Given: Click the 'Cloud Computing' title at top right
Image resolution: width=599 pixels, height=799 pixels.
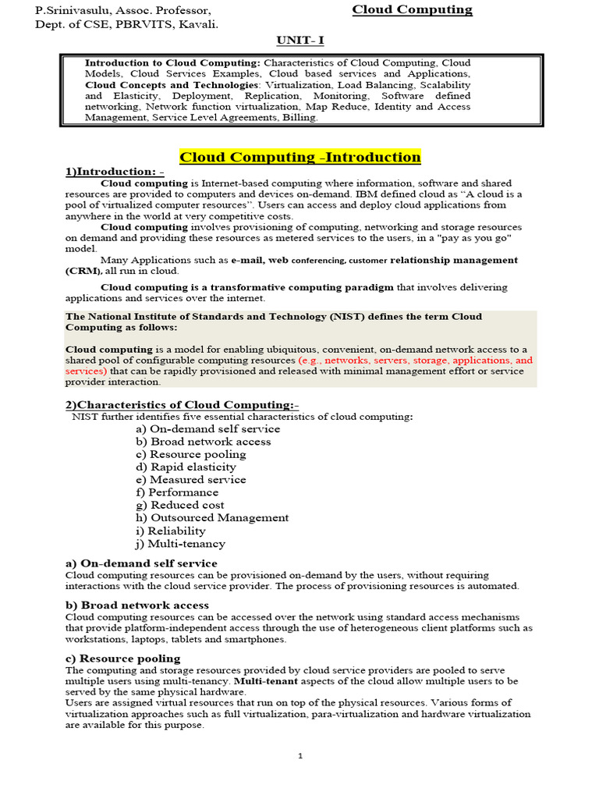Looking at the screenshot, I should click(412, 10).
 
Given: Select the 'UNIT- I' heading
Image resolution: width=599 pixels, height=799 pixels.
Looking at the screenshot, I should click(300, 40).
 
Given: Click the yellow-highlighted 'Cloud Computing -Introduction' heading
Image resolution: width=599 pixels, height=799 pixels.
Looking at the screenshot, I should click(300, 158).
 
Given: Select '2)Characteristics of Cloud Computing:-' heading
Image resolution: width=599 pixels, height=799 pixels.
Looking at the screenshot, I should click(182, 405).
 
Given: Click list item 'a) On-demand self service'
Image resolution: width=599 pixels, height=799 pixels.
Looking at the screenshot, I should click(207, 429).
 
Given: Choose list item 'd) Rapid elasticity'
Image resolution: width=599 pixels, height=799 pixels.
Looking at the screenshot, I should click(186, 467).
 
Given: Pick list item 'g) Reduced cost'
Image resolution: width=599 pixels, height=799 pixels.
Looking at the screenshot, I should click(179, 506).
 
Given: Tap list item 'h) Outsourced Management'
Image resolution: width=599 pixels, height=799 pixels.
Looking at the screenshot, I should click(211, 518).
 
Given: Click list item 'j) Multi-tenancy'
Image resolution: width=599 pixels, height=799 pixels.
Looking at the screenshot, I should click(180, 544).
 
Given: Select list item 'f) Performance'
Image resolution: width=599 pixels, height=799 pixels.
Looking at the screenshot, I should click(177, 492).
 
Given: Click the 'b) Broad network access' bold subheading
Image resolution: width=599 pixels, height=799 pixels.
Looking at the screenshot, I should click(137, 605).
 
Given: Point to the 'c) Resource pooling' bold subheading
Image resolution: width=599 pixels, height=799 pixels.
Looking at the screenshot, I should click(123, 659).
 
